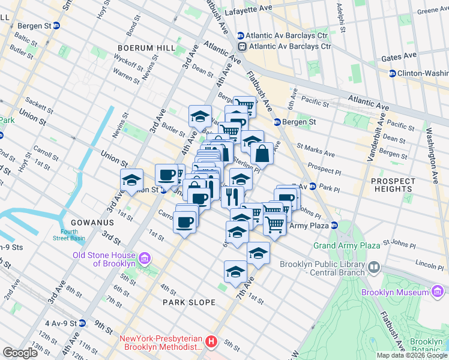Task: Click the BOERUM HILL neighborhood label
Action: click(x=146, y=47)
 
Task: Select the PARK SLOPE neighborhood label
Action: click(x=185, y=302)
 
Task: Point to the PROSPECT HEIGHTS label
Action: click(x=393, y=185)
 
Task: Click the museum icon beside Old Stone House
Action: click(x=144, y=259)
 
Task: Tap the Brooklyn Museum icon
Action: click(x=438, y=292)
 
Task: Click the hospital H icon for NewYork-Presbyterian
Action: click(x=211, y=342)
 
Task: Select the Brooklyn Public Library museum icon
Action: click(x=374, y=266)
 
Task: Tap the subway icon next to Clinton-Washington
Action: click(x=392, y=73)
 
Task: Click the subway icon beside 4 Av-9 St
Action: click(x=89, y=323)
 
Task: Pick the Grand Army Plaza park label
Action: click(x=346, y=245)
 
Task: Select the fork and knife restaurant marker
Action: click(x=232, y=196)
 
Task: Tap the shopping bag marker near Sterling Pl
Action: click(x=262, y=154)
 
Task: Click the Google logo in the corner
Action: click(x=20, y=353)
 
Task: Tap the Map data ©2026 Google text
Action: click(x=412, y=355)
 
